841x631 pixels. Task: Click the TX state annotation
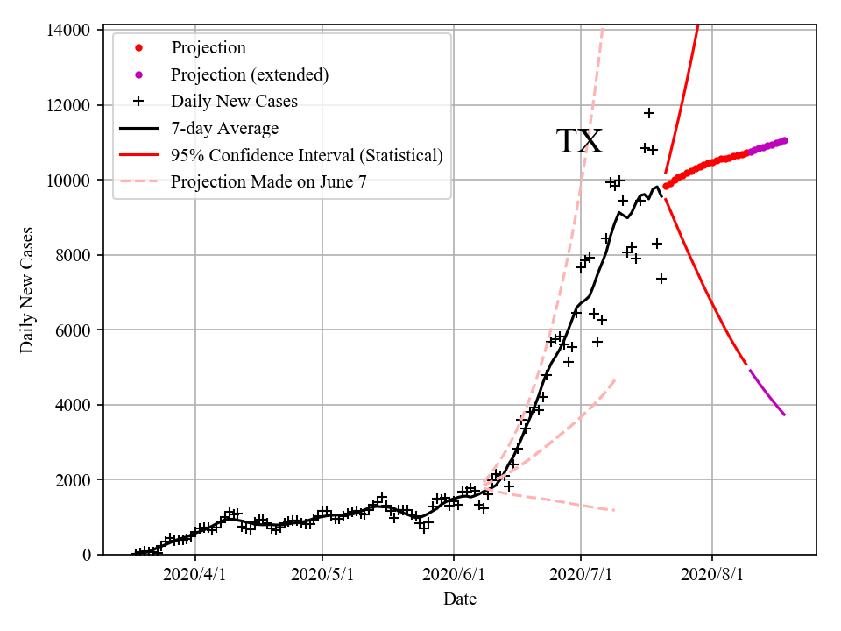(x=579, y=141)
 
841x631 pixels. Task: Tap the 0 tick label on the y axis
(x=86, y=555)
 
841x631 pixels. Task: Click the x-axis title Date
(x=460, y=599)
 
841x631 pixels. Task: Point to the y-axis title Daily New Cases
(x=27, y=291)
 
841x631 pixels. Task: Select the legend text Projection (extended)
(x=250, y=74)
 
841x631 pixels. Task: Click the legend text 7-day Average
(x=224, y=129)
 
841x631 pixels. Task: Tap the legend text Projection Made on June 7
(x=268, y=182)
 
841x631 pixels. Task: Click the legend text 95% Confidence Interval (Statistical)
(x=307, y=156)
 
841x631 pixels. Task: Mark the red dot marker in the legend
(x=138, y=48)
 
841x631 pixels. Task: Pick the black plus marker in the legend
(x=138, y=102)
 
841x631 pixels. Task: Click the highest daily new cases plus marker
(x=649, y=113)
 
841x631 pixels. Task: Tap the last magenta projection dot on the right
(x=784, y=140)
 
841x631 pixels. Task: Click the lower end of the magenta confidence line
(x=784, y=415)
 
